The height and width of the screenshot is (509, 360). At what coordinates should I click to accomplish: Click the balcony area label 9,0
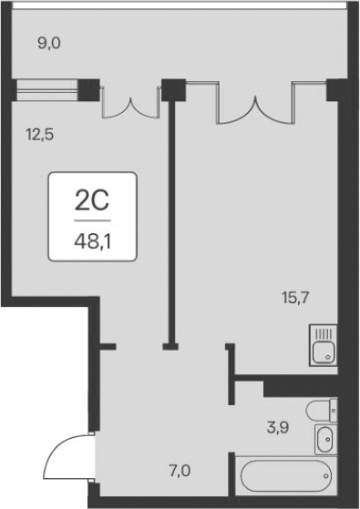[x=47, y=41]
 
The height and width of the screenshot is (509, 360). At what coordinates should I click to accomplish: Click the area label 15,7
[x=295, y=297]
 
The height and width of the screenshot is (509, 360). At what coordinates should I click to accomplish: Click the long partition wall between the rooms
[x=170, y=219]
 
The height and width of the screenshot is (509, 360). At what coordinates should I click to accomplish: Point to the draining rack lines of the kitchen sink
[x=322, y=333]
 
